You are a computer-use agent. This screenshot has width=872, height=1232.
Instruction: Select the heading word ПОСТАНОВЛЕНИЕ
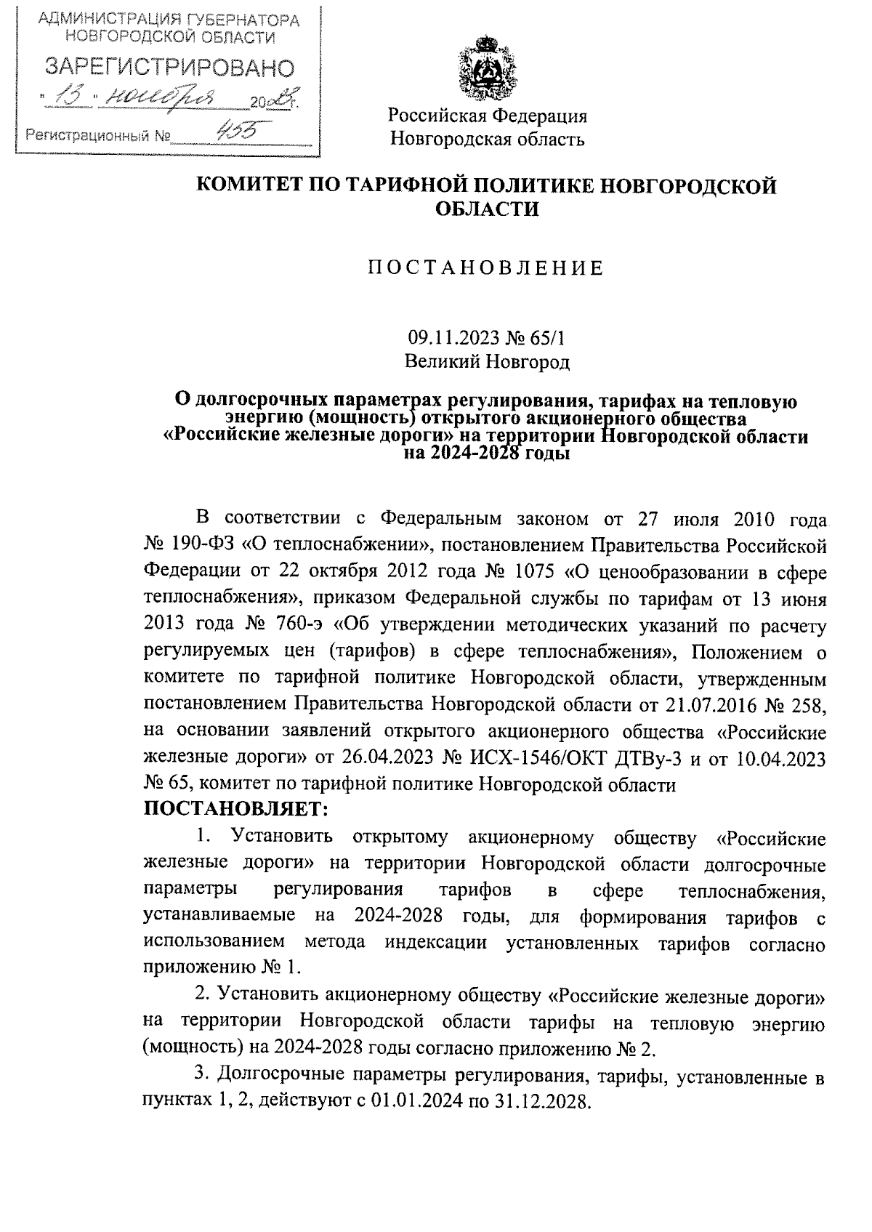(485, 269)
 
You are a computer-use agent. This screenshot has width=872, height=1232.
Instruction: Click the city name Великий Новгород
(487, 361)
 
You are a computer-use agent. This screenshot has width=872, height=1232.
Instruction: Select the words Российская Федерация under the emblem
(487, 116)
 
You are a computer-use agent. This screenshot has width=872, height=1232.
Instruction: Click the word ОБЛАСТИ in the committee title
(487, 209)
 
